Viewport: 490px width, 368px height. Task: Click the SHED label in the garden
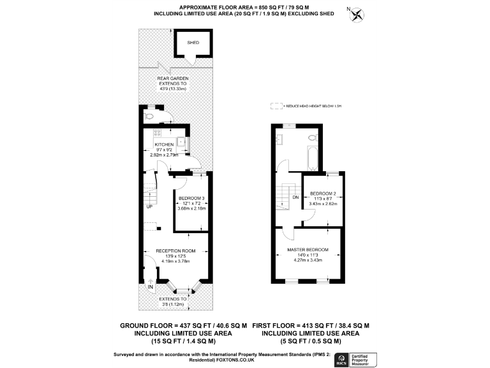[x=193, y=43]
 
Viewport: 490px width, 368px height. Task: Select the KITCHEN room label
[x=164, y=144]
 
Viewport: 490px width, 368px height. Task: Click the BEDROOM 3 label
[x=191, y=198]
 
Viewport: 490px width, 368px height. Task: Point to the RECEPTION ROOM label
[x=175, y=250]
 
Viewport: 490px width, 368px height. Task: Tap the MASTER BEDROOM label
[x=308, y=249]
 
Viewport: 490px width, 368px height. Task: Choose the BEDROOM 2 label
[x=322, y=193]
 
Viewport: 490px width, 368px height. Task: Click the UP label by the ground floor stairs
[x=149, y=207]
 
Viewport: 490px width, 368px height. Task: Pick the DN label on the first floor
[x=295, y=197]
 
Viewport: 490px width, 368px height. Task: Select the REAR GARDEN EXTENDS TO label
[x=172, y=80]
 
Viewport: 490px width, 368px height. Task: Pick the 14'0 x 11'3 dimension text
[x=308, y=255]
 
